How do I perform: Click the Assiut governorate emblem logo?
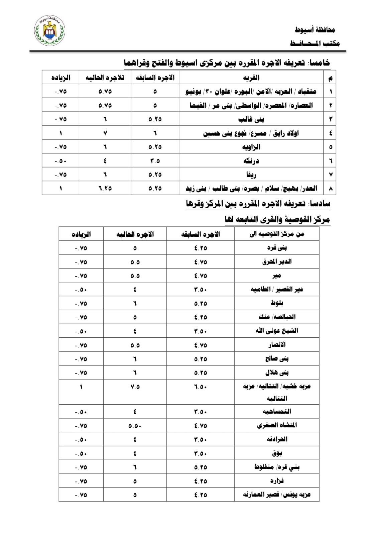50,31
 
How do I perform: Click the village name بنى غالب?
251,119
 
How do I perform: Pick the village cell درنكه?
251,161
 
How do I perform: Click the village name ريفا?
251,175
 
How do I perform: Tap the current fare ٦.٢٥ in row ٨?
105,188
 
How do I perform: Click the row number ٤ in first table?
331,133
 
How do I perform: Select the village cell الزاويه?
251,147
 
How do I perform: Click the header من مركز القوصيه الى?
277,234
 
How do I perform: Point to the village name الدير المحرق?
277,262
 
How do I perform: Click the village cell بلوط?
277,303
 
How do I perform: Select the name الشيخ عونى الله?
277,331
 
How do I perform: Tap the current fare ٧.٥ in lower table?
135,387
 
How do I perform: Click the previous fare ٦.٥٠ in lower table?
201,387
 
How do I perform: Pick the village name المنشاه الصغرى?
277,426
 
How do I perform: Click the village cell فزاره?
277,481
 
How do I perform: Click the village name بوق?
277,453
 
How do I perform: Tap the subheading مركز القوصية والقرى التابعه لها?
277,220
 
